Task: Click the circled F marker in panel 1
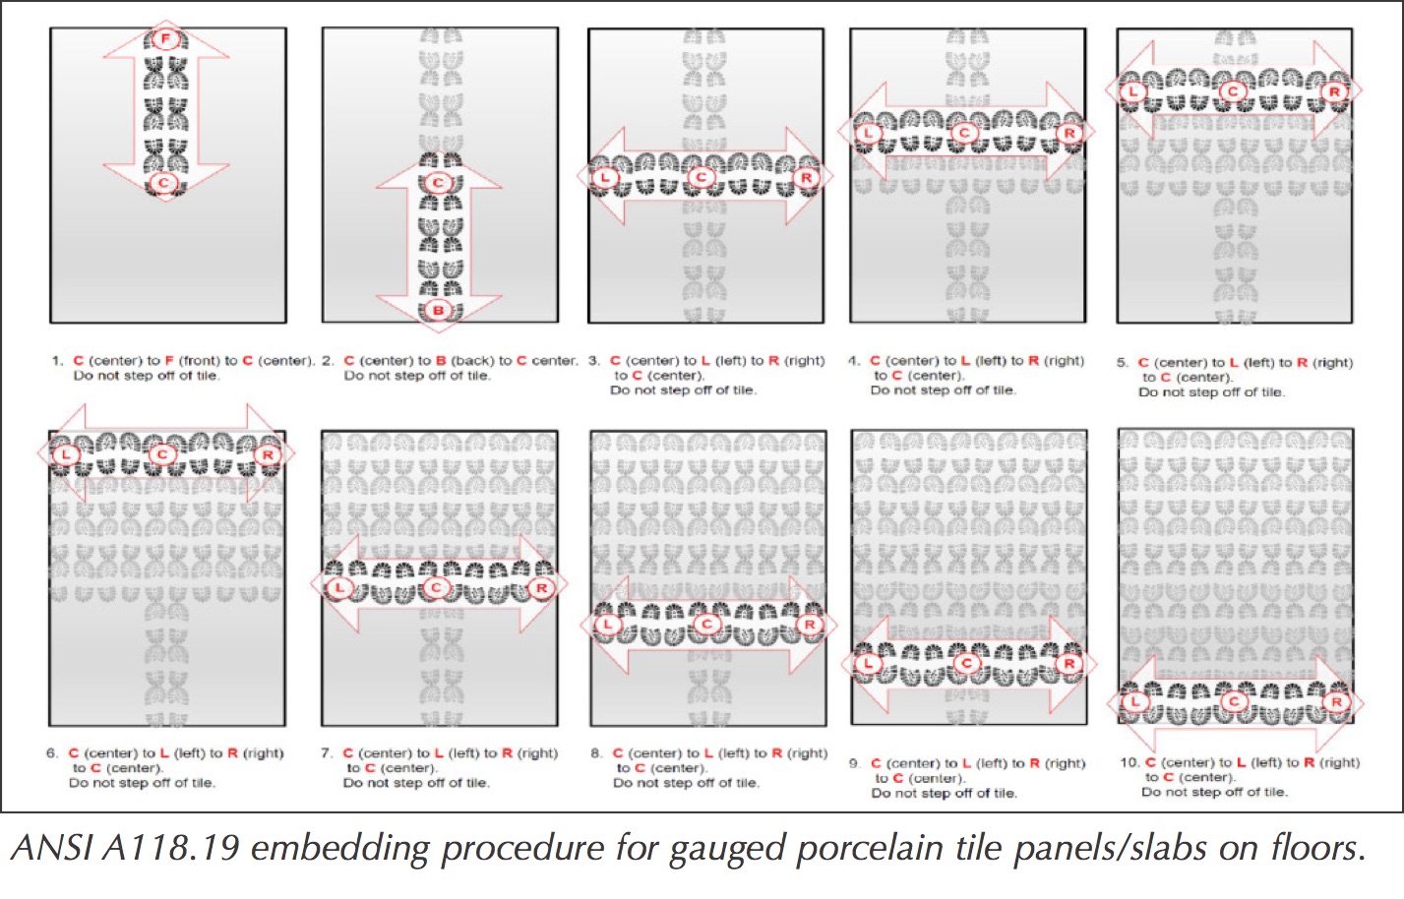(165, 38)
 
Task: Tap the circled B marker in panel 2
(438, 310)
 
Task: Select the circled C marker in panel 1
(163, 183)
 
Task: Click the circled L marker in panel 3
(605, 178)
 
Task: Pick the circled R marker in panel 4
(1069, 133)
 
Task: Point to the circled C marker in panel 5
(1232, 92)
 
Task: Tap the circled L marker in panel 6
(65, 454)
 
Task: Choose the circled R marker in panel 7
(541, 587)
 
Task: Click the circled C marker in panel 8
(707, 624)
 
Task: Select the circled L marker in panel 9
(868, 664)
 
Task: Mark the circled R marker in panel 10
(1336, 701)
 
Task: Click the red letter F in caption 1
(169, 361)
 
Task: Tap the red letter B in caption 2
(441, 361)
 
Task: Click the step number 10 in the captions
(1130, 762)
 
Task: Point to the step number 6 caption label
(52, 753)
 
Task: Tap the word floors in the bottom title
(1318, 848)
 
